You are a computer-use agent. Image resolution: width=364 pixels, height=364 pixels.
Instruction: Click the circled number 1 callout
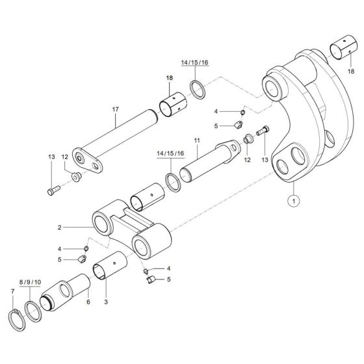(x=293, y=201)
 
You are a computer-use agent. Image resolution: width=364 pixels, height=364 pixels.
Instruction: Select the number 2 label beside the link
(x=59, y=228)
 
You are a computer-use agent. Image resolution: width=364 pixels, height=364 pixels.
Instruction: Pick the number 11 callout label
(x=195, y=140)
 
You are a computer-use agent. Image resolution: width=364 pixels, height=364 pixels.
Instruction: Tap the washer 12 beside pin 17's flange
(x=75, y=177)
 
